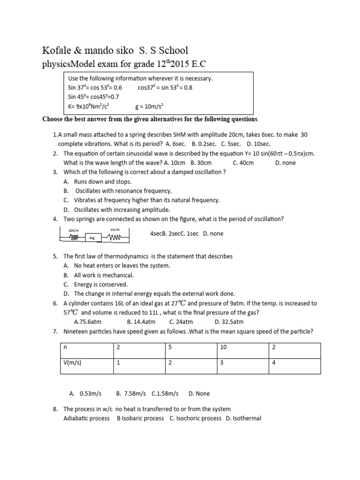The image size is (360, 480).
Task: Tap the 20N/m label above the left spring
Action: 73,231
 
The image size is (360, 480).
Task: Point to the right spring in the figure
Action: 115,237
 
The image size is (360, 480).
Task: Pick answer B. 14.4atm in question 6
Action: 141,322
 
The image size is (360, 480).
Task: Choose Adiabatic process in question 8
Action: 86,418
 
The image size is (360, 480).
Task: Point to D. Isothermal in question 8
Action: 243,418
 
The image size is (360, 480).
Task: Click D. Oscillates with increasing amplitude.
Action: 117,210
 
